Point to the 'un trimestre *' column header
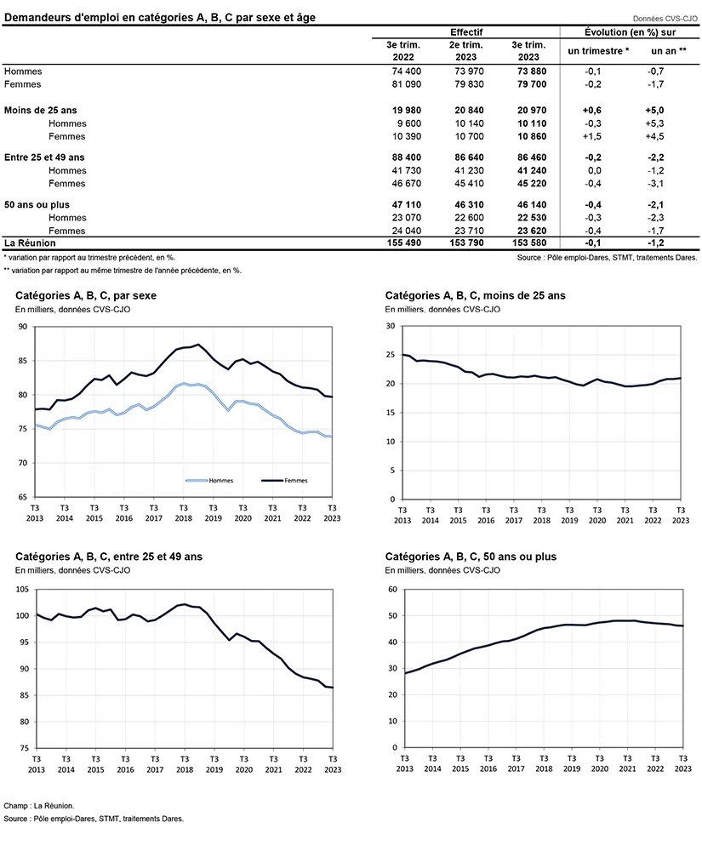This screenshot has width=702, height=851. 599,50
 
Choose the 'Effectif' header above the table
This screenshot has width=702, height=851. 466,31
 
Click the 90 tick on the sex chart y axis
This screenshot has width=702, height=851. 23,327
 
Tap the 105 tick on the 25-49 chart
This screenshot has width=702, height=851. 21,589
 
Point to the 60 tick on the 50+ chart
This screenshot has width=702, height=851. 393,589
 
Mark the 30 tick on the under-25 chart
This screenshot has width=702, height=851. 391,326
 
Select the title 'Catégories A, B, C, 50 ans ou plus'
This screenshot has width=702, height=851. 471,557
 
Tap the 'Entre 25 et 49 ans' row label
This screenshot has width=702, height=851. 44,157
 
